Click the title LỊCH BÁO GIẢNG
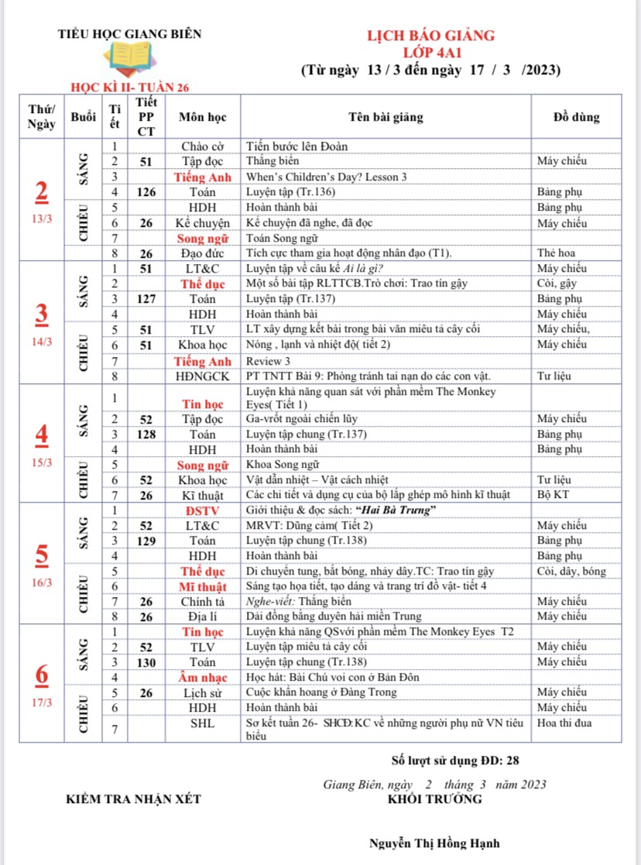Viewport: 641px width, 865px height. point(430,36)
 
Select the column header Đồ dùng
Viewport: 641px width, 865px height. point(576,118)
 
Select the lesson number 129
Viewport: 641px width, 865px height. point(146,541)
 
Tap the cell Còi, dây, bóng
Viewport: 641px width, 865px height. point(571,572)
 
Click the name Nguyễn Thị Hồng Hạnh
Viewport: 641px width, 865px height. point(434,843)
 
